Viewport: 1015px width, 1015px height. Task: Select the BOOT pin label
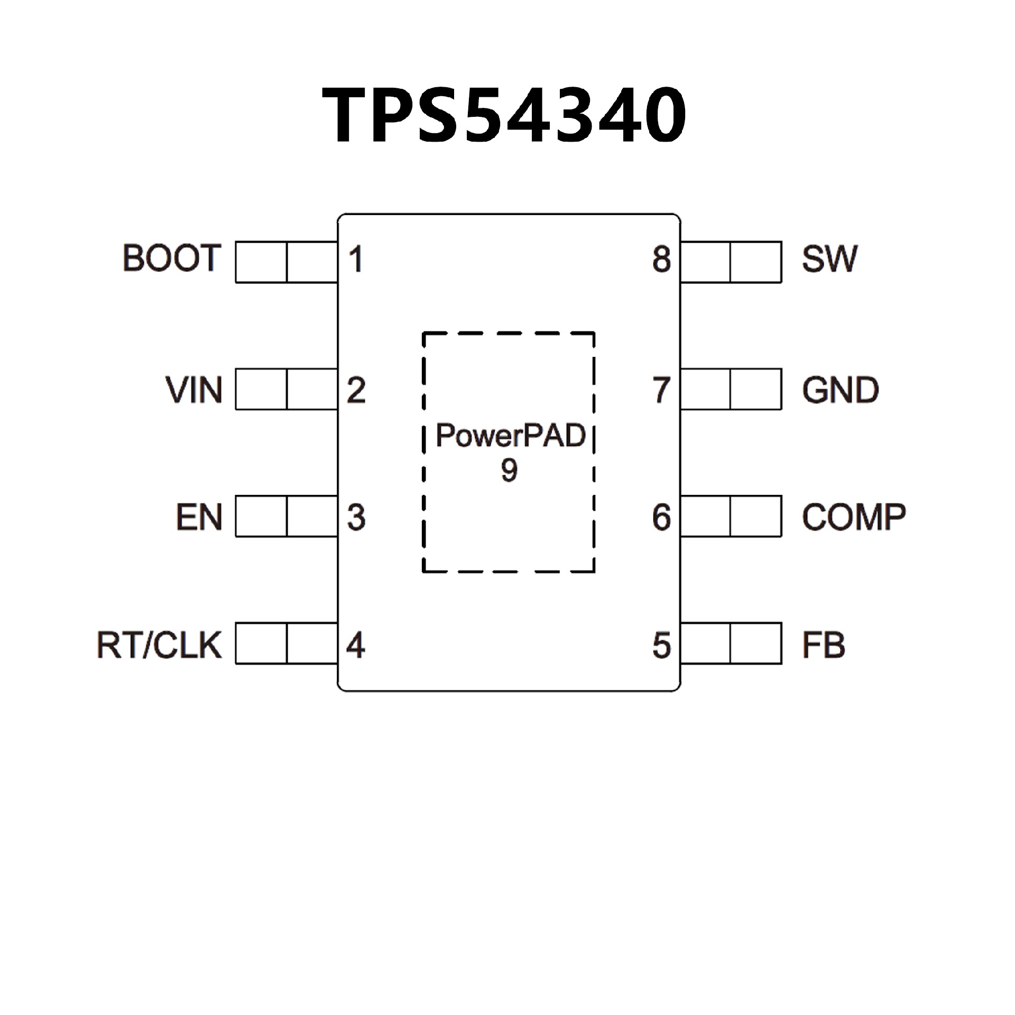tap(171, 259)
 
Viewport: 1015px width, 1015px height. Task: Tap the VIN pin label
tap(193, 391)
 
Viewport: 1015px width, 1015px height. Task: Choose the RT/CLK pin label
tap(159, 645)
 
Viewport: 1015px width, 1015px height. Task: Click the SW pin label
tap(829, 259)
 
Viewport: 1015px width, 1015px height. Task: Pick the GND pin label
tap(840, 391)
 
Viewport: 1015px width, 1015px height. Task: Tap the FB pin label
tap(823, 645)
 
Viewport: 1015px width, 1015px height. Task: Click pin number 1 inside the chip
tap(356, 260)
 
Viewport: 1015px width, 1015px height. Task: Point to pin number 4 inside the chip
tap(356, 645)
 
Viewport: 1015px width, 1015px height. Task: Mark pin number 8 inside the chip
tap(661, 260)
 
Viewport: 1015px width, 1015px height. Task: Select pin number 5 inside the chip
tap(661, 645)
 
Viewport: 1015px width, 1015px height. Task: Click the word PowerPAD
tap(510, 436)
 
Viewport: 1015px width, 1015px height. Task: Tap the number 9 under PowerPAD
tap(509, 470)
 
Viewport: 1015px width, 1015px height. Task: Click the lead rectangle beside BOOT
tap(287, 262)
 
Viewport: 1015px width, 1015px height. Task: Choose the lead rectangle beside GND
tap(731, 389)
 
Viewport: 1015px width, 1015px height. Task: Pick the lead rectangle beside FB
tap(731, 643)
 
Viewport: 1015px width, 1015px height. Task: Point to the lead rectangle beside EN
tap(287, 516)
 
